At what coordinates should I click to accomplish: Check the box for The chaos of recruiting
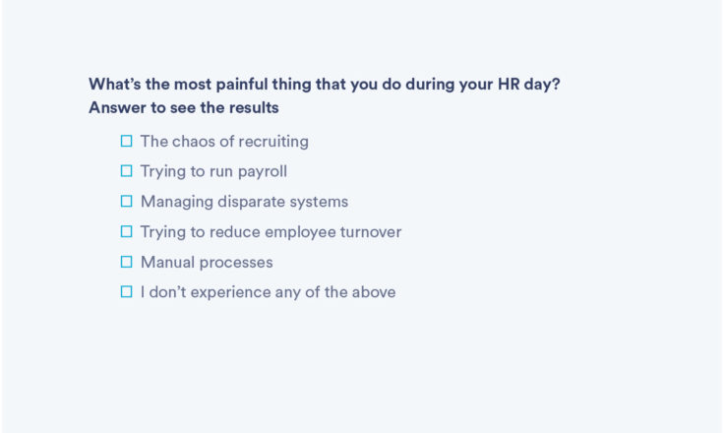(126, 141)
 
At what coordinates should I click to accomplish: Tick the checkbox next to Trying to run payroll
(126, 171)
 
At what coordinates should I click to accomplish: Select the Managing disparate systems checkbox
(126, 201)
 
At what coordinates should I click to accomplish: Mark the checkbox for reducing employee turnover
(126, 231)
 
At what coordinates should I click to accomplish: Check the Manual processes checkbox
(126, 262)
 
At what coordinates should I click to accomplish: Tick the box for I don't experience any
(126, 291)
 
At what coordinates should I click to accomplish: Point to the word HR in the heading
(509, 84)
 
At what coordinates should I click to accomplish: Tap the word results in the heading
(254, 107)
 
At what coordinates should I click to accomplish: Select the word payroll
(263, 172)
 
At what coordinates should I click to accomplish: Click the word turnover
(371, 231)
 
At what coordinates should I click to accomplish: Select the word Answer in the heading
(118, 107)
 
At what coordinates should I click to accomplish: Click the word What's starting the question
(115, 84)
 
